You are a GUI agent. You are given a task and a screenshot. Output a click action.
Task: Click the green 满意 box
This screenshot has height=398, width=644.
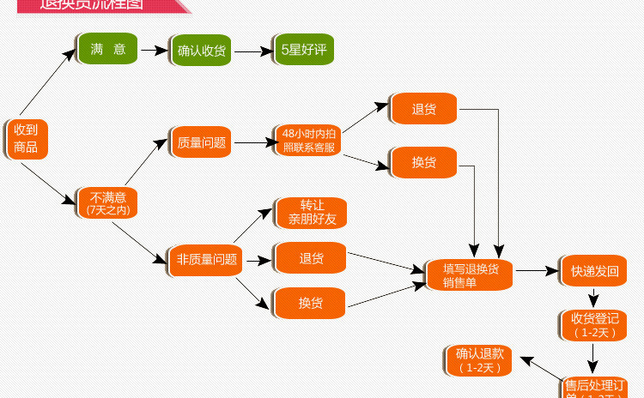point(108,50)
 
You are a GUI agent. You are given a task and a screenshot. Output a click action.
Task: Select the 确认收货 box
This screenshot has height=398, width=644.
point(202,51)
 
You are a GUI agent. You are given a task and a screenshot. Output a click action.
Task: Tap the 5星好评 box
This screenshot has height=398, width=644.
point(303,51)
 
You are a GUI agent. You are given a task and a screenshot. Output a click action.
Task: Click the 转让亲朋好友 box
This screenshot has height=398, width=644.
point(311,213)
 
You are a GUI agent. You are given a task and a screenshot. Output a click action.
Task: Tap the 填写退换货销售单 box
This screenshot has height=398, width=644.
point(471,274)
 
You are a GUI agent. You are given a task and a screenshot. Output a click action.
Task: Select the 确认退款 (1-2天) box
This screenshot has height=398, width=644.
point(479,360)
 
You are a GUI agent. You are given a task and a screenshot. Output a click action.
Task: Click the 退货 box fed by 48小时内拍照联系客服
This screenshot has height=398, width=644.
point(424,109)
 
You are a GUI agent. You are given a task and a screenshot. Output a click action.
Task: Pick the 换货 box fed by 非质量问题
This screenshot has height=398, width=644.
point(310,303)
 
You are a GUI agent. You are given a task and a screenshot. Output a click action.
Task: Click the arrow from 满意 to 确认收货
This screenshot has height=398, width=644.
point(154,51)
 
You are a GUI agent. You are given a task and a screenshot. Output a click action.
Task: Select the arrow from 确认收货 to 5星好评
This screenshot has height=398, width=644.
point(253,51)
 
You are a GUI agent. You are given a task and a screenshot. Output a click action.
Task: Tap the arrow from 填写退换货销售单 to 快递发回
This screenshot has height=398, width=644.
point(536,271)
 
